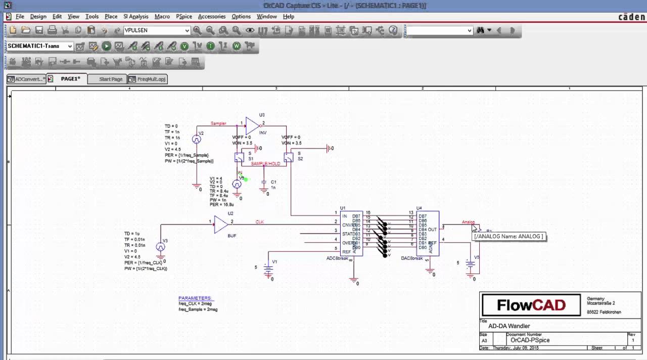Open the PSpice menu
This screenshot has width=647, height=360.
click(x=184, y=17)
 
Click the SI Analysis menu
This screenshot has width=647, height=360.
click(x=136, y=17)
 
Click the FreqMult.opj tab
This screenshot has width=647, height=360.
click(x=147, y=79)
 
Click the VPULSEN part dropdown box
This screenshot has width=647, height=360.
click(x=157, y=30)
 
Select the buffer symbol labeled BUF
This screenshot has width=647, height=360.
click(x=221, y=224)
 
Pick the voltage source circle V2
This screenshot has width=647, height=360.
click(x=197, y=140)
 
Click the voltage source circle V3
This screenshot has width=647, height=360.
click(x=160, y=247)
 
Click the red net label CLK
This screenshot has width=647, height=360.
click(x=259, y=222)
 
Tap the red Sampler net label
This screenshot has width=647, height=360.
click(x=218, y=123)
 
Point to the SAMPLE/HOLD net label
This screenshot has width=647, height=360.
click(x=266, y=164)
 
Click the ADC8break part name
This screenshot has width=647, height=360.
click(x=338, y=258)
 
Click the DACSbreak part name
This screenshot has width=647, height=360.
click(x=411, y=258)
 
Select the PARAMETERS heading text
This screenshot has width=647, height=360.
click(x=195, y=298)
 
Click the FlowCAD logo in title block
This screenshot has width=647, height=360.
click(x=531, y=305)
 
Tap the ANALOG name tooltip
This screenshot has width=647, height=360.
click(x=509, y=236)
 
